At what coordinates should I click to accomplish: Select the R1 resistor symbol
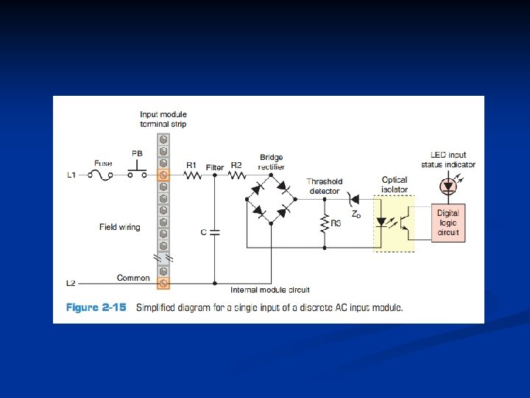click(192, 175)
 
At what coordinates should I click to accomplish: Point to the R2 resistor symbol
click(236, 175)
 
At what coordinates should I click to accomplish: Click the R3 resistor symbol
click(325, 223)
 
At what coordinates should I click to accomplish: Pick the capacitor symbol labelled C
click(214, 232)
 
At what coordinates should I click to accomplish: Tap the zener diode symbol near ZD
click(353, 198)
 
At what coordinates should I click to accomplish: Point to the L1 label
click(71, 175)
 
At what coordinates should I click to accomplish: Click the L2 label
click(71, 283)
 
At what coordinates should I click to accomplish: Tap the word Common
click(133, 278)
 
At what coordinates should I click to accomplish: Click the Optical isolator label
click(395, 184)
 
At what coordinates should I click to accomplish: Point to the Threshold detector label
click(324, 186)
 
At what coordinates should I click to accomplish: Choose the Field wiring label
click(119, 227)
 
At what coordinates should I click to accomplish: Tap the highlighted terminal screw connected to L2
click(163, 283)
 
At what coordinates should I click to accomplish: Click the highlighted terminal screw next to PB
click(163, 175)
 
